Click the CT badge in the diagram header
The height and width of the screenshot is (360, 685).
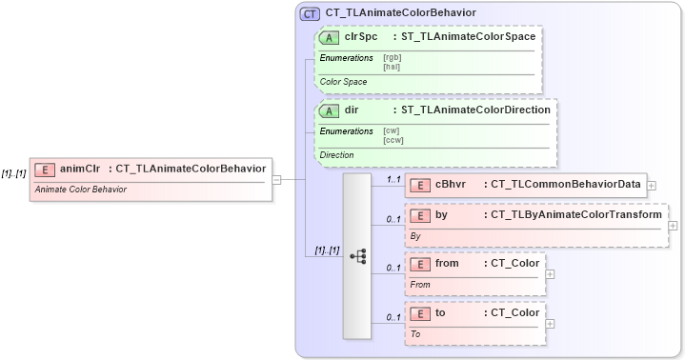pos(310,13)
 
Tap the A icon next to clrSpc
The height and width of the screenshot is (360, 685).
pos(330,37)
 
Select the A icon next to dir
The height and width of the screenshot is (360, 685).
pos(330,110)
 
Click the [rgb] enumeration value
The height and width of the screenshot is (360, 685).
pos(391,58)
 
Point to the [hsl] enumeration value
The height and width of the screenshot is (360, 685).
pos(391,67)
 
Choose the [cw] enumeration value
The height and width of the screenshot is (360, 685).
pos(391,130)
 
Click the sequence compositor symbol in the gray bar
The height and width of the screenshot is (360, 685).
pos(357,256)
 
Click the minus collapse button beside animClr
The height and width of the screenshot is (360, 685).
pos(276,178)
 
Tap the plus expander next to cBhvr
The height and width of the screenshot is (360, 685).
pos(651,185)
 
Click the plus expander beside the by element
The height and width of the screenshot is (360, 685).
pos(673,226)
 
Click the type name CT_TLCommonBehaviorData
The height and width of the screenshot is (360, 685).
pos(564,184)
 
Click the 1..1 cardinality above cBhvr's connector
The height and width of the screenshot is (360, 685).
pos(393,178)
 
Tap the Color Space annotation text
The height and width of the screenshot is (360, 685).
pos(343,82)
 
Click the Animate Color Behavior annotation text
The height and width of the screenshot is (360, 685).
pos(80,190)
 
